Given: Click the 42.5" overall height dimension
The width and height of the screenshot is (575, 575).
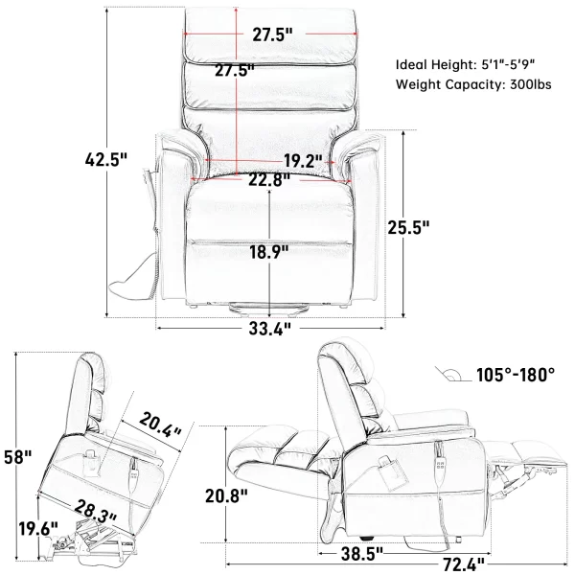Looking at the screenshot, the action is [106, 159].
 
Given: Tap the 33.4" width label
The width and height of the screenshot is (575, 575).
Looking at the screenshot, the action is [270, 329].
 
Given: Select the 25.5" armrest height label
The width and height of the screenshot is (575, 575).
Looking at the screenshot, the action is [408, 227].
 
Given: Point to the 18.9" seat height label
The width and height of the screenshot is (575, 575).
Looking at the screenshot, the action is [269, 252].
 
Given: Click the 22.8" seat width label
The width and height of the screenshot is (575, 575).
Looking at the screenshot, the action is [269, 180].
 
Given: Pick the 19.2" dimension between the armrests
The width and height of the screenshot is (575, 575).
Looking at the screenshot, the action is [303, 161].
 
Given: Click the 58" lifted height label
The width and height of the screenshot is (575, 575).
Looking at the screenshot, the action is [18, 457].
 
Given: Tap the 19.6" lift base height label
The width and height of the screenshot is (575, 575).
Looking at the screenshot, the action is [38, 528].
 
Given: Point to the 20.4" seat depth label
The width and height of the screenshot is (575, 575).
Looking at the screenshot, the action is [160, 425].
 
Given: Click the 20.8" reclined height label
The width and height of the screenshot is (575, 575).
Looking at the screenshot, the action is [226, 496].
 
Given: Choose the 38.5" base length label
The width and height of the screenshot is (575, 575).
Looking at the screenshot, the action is [362, 554].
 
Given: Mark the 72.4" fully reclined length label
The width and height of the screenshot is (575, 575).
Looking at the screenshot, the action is [464, 564].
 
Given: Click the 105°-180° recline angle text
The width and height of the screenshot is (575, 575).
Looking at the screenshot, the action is [516, 375].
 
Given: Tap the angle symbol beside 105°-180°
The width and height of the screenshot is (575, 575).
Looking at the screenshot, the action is [453, 375].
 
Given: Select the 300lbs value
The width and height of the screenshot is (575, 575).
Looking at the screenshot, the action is [531, 84].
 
